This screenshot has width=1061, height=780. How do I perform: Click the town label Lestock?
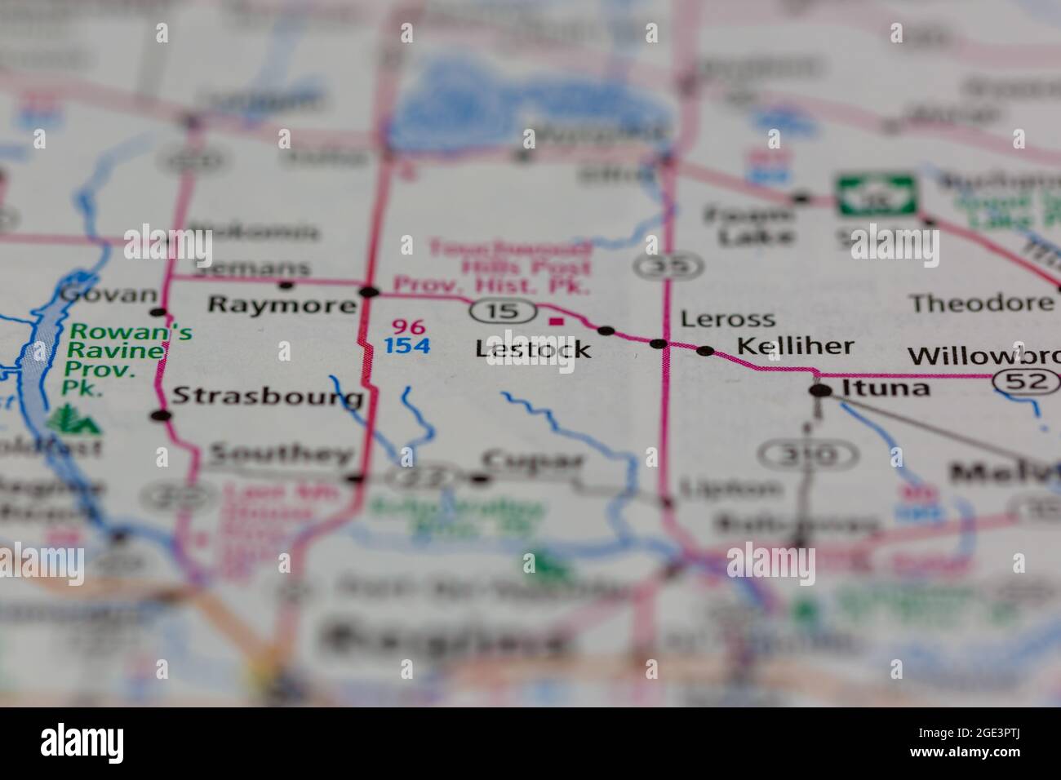(533, 349)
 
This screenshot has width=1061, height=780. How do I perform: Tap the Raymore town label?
(282, 306)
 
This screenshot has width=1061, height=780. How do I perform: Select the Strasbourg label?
(268, 397)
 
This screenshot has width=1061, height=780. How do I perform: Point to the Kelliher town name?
(795, 346)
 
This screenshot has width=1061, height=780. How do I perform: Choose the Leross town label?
(727, 319)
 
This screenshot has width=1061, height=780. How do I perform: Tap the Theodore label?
(981, 304)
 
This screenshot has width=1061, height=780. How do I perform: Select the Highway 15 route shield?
(502, 311)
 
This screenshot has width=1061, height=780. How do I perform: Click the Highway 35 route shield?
(668, 265)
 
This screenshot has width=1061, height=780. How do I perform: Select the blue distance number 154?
(407, 346)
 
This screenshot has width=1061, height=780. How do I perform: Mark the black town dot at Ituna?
(820, 392)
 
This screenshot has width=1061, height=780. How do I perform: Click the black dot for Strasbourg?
(161, 415)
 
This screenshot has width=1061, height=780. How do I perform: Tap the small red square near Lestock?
(557, 322)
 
